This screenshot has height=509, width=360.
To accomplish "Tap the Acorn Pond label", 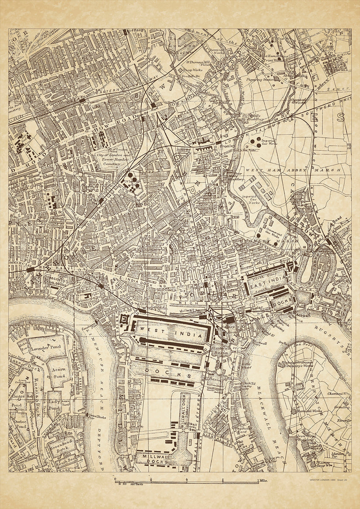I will tap(59, 372).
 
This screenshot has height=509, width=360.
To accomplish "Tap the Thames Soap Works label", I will tap(326, 464).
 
